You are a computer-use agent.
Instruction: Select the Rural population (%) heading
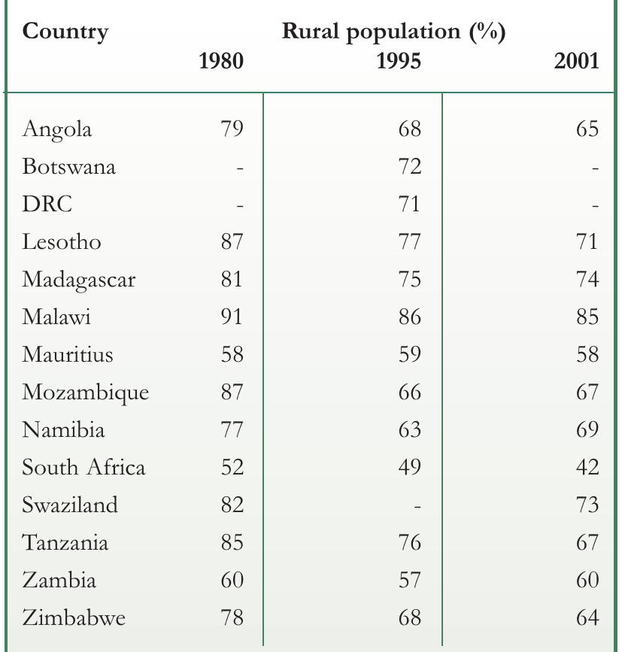394,32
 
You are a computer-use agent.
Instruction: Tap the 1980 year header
221,61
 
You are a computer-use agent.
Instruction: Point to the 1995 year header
399,61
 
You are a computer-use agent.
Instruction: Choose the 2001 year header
576,61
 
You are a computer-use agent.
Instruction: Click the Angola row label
57,129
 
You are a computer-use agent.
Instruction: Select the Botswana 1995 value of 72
410,166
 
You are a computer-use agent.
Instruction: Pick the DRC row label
47,204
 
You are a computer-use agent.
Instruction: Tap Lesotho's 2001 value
587,241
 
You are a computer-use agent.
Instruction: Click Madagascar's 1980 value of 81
232,279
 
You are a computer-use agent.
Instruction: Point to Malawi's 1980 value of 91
232,317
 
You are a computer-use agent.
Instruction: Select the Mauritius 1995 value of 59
410,354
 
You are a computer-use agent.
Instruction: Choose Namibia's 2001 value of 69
587,429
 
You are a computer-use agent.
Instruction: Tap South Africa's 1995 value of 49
410,467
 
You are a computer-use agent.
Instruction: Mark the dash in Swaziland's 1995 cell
417,507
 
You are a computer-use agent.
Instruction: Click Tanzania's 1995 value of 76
410,542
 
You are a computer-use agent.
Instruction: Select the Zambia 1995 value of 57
410,580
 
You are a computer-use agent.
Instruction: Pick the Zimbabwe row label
74,617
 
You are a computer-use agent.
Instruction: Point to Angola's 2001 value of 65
587,129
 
